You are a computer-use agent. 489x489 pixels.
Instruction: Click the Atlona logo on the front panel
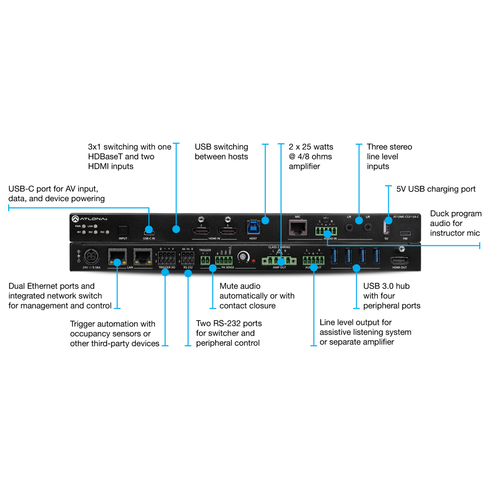tap(89, 219)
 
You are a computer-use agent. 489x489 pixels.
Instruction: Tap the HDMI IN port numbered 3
tap(228, 231)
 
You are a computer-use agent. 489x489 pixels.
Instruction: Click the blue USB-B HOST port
tap(253, 227)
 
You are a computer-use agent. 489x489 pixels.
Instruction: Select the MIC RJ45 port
tap(298, 227)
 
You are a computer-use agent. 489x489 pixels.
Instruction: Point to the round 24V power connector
tap(91, 257)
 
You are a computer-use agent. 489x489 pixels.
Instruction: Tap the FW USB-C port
tap(405, 234)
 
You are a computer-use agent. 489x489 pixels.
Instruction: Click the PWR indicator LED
tap(84, 226)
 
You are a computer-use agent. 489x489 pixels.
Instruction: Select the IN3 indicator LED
tap(107, 232)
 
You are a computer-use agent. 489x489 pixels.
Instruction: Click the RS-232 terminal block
tap(187, 258)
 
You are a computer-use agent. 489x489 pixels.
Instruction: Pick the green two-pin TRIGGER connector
tap(205, 260)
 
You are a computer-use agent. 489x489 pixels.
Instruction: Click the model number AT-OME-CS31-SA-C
tap(406, 217)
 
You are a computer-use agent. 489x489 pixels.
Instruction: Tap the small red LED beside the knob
tap(253, 260)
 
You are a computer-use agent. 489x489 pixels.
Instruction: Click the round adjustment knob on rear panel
tap(243, 256)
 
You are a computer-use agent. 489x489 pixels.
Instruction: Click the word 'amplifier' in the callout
tap(304, 166)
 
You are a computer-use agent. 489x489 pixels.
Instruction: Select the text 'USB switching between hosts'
tap(221, 152)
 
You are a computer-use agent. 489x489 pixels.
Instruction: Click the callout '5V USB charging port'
tap(436, 189)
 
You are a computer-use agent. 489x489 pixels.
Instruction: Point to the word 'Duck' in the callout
tap(440, 214)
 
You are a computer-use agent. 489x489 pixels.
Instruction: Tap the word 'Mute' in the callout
tap(229, 286)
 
